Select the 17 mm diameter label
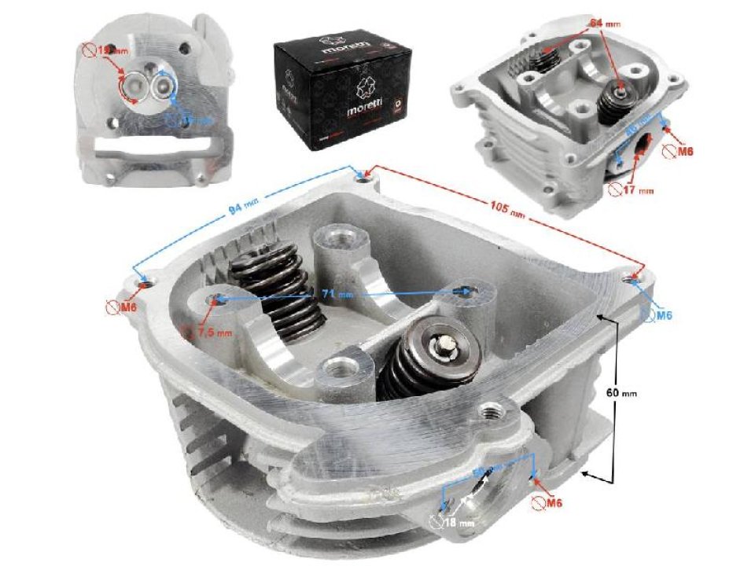click(639, 189)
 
